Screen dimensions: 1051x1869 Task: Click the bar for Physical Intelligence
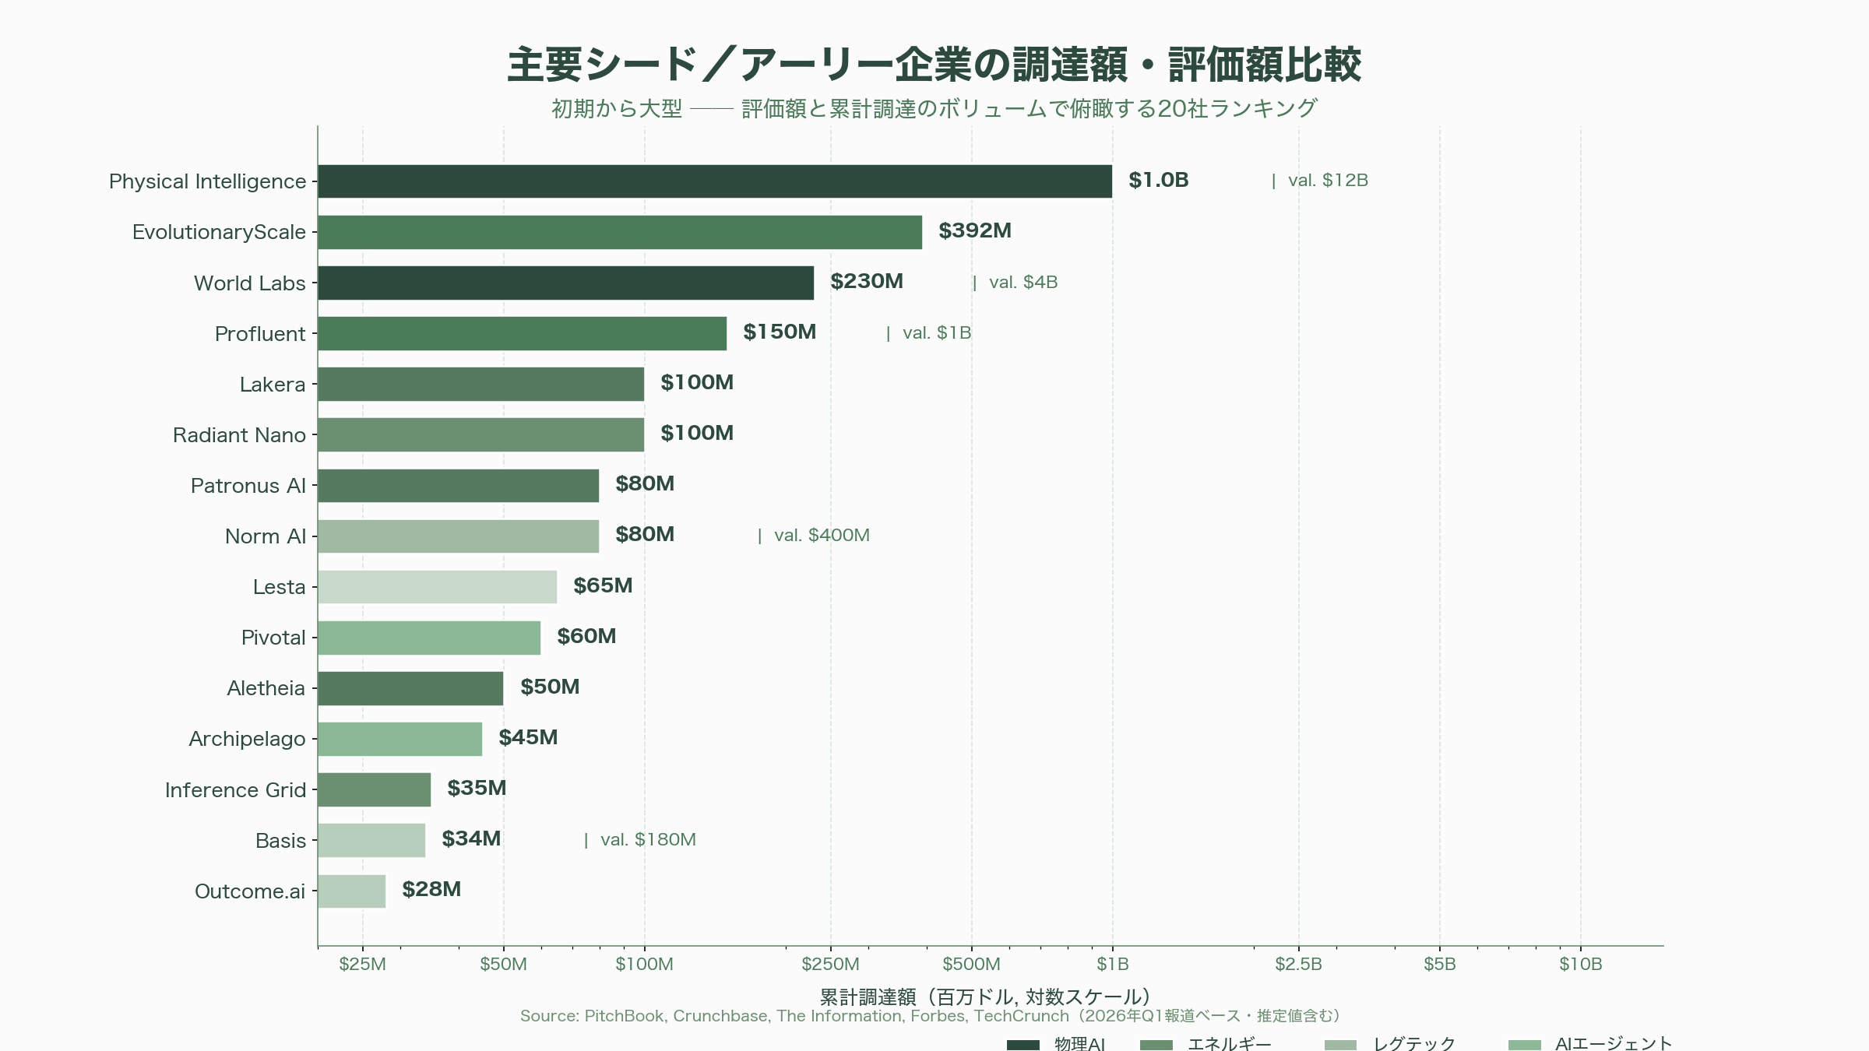coord(714,181)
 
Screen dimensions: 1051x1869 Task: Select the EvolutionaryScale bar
coord(619,232)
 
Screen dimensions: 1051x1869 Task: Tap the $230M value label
coord(866,282)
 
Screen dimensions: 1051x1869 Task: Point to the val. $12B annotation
coord(1327,181)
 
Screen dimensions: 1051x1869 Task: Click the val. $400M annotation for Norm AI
coord(821,536)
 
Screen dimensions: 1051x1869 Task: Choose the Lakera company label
coord(272,385)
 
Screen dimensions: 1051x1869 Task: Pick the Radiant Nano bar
coord(480,434)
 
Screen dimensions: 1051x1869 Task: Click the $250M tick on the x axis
coord(830,964)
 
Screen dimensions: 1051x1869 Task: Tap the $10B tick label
coord(1580,964)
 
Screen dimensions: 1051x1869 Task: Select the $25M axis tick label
coord(362,964)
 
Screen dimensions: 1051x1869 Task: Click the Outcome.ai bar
coord(351,891)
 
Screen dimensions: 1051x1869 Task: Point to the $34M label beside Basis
coord(471,839)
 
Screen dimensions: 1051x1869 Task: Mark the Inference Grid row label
coord(235,790)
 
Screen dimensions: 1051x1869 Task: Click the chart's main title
coord(934,65)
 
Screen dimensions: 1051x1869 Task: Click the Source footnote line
coord(931,1016)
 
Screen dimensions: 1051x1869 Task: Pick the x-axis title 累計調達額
coord(985,997)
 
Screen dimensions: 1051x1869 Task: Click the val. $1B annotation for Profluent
coord(936,333)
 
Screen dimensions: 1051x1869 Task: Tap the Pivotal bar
coord(428,638)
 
